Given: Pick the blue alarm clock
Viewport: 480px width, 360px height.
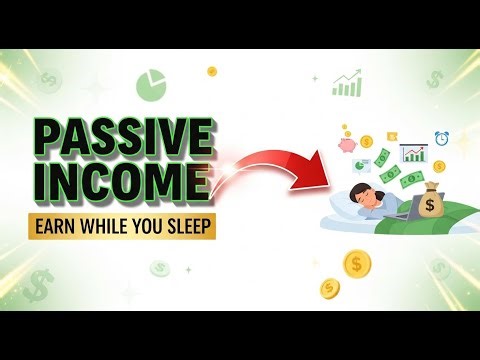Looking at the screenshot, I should (x=441, y=139).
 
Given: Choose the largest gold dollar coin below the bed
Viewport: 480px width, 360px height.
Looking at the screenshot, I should (x=357, y=264).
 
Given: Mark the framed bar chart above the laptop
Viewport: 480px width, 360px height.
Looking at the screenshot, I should (x=412, y=154).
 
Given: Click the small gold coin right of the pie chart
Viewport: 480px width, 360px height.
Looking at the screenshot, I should (x=212, y=71).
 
